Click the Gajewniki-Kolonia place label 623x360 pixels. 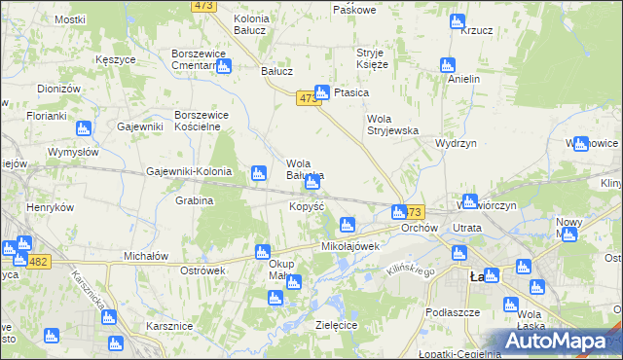[x=189, y=171]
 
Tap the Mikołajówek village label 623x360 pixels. [x=349, y=246]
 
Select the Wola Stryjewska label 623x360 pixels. [x=391, y=125]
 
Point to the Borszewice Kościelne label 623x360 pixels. [x=201, y=121]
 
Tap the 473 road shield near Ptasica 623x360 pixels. [x=308, y=98]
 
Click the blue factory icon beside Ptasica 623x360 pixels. [x=321, y=92]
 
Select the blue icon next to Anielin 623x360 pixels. [x=447, y=65]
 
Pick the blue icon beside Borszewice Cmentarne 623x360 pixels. [x=224, y=66]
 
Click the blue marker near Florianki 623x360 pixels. [x=83, y=127]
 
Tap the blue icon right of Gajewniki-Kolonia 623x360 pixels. [x=258, y=173]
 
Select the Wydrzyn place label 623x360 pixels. [x=456, y=142]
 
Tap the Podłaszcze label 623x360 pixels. [x=452, y=312]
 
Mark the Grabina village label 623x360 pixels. [x=195, y=200]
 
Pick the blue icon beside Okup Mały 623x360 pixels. [x=293, y=282]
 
